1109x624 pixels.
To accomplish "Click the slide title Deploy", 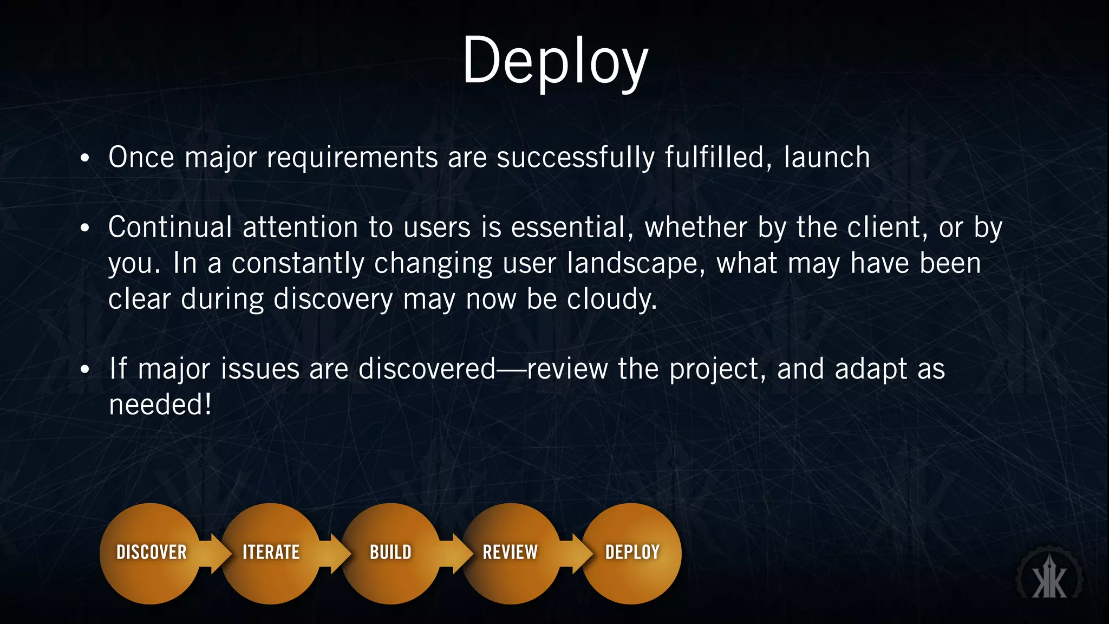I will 554,61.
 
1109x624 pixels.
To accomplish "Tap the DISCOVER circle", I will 151,553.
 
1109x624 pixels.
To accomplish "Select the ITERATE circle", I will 271,553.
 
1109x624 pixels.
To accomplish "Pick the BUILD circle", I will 390,553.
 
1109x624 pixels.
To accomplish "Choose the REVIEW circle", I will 510,553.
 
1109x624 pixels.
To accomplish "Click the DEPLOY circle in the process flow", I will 632,553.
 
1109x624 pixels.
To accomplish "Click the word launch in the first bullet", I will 826,158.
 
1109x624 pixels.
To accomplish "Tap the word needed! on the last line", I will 160,405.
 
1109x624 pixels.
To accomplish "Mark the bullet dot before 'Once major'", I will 84,159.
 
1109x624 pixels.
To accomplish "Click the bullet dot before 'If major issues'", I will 84,370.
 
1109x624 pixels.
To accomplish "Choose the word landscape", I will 636,264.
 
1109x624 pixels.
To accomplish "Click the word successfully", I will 575,158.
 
